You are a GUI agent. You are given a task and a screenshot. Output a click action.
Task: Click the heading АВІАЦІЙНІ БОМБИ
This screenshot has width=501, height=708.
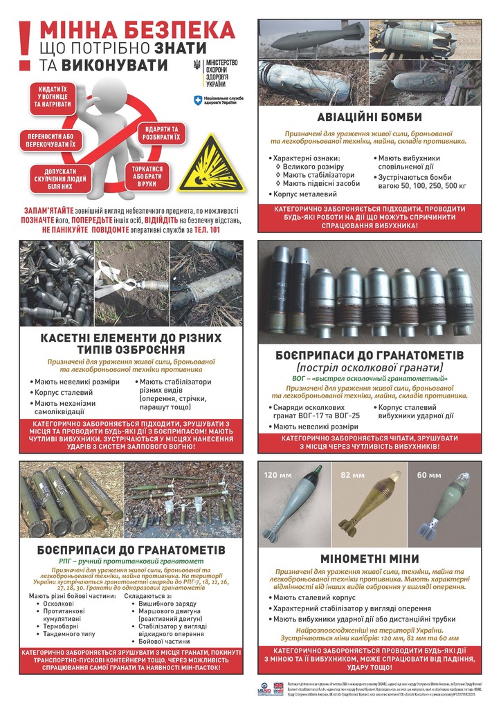(x=369, y=117)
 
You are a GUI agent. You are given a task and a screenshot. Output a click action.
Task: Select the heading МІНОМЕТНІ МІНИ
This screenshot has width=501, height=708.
(x=369, y=558)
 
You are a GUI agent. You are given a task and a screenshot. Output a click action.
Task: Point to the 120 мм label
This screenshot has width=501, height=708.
(x=275, y=475)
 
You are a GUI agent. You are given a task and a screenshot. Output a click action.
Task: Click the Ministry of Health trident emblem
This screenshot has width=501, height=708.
(x=197, y=66)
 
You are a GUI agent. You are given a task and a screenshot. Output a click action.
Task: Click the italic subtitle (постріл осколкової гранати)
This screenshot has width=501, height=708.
(x=369, y=367)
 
